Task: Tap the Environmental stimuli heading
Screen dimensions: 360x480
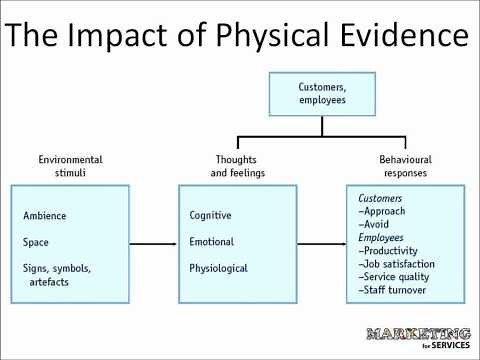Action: [x=70, y=166]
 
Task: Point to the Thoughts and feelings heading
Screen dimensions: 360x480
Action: [x=236, y=166]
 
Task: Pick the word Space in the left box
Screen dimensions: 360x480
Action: [x=36, y=242]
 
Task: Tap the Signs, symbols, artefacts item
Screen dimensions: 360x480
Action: [x=57, y=275]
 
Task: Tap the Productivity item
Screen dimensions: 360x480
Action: [x=393, y=251]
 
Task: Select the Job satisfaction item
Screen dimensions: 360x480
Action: [x=399, y=264]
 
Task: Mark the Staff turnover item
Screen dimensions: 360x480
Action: [x=396, y=290]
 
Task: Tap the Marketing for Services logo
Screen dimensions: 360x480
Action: [x=419, y=337]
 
